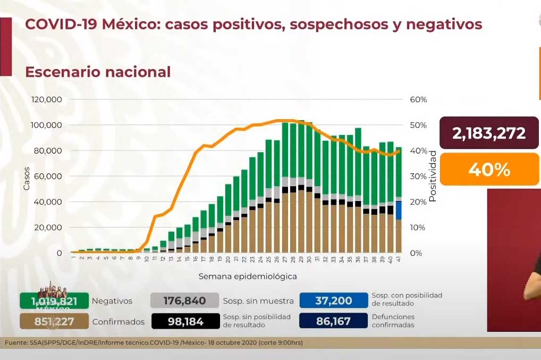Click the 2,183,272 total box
[489, 133]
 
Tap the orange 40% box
[489, 170]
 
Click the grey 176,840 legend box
[184, 301]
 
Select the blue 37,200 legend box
[333, 301]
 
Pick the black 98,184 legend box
[184, 321]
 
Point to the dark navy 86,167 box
[333, 321]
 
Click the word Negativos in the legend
[112, 301]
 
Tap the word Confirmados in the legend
[118, 321]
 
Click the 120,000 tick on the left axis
[47, 99]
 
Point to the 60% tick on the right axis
[418, 99]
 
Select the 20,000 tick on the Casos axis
[49, 227]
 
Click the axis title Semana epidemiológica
[247, 277]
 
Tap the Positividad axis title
[433, 176]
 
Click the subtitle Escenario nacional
[98, 72]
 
